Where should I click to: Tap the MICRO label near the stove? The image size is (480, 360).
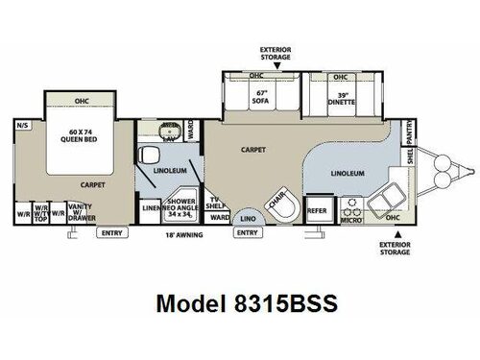[351, 221]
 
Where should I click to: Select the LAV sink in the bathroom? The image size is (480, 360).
[169, 132]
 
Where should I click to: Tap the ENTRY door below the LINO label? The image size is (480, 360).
[247, 232]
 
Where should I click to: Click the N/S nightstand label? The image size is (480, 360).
[23, 126]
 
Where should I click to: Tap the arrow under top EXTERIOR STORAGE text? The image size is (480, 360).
[267, 65]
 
